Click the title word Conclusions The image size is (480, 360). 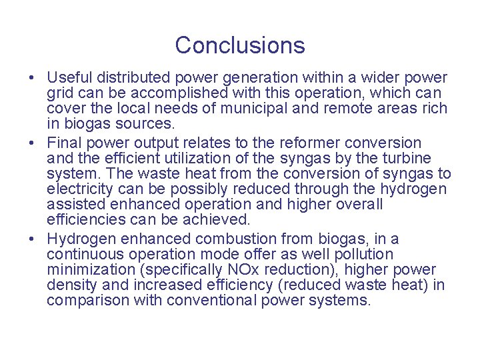tap(240, 45)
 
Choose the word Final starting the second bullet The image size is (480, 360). tap(63, 143)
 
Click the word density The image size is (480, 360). tap(71, 285)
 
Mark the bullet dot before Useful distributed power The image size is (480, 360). tap(32, 79)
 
